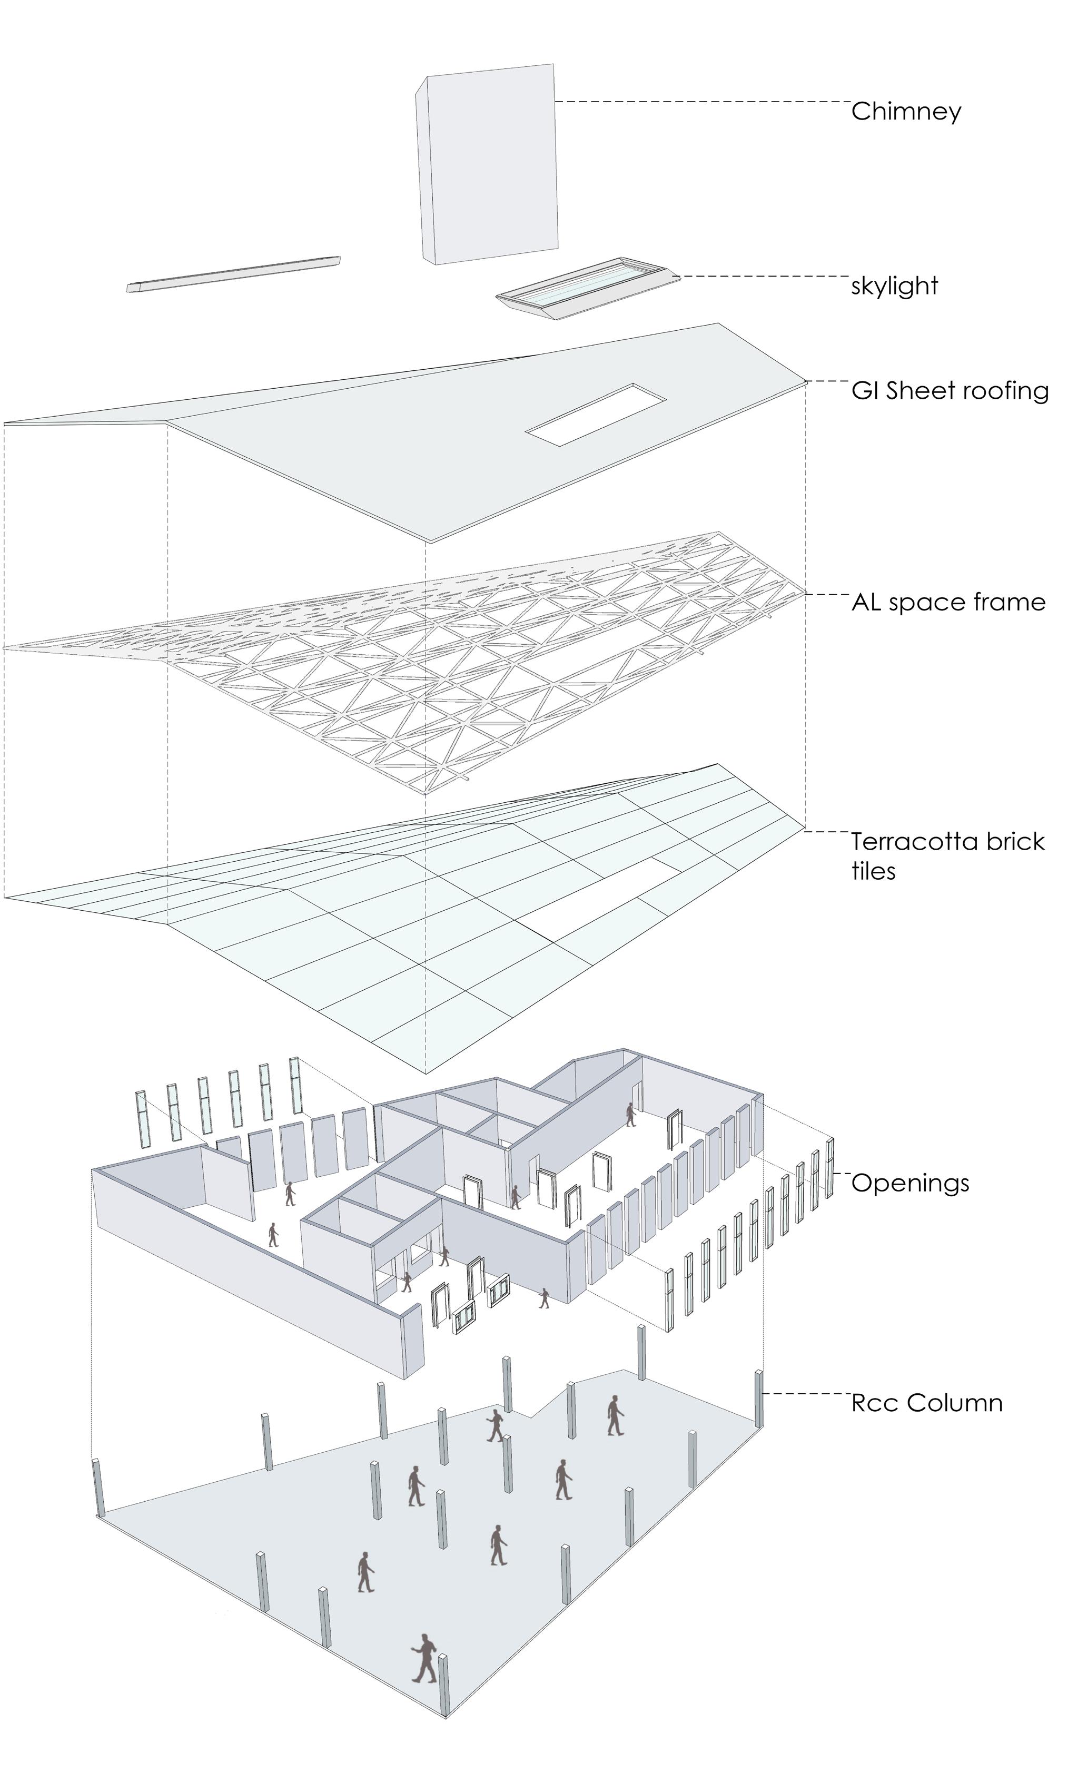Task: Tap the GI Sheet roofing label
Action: click(950, 391)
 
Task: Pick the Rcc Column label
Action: click(926, 1403)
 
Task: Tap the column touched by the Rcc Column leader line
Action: click(758, 1399)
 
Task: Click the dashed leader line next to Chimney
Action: click(701, 102)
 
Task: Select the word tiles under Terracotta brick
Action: click(874, 872)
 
